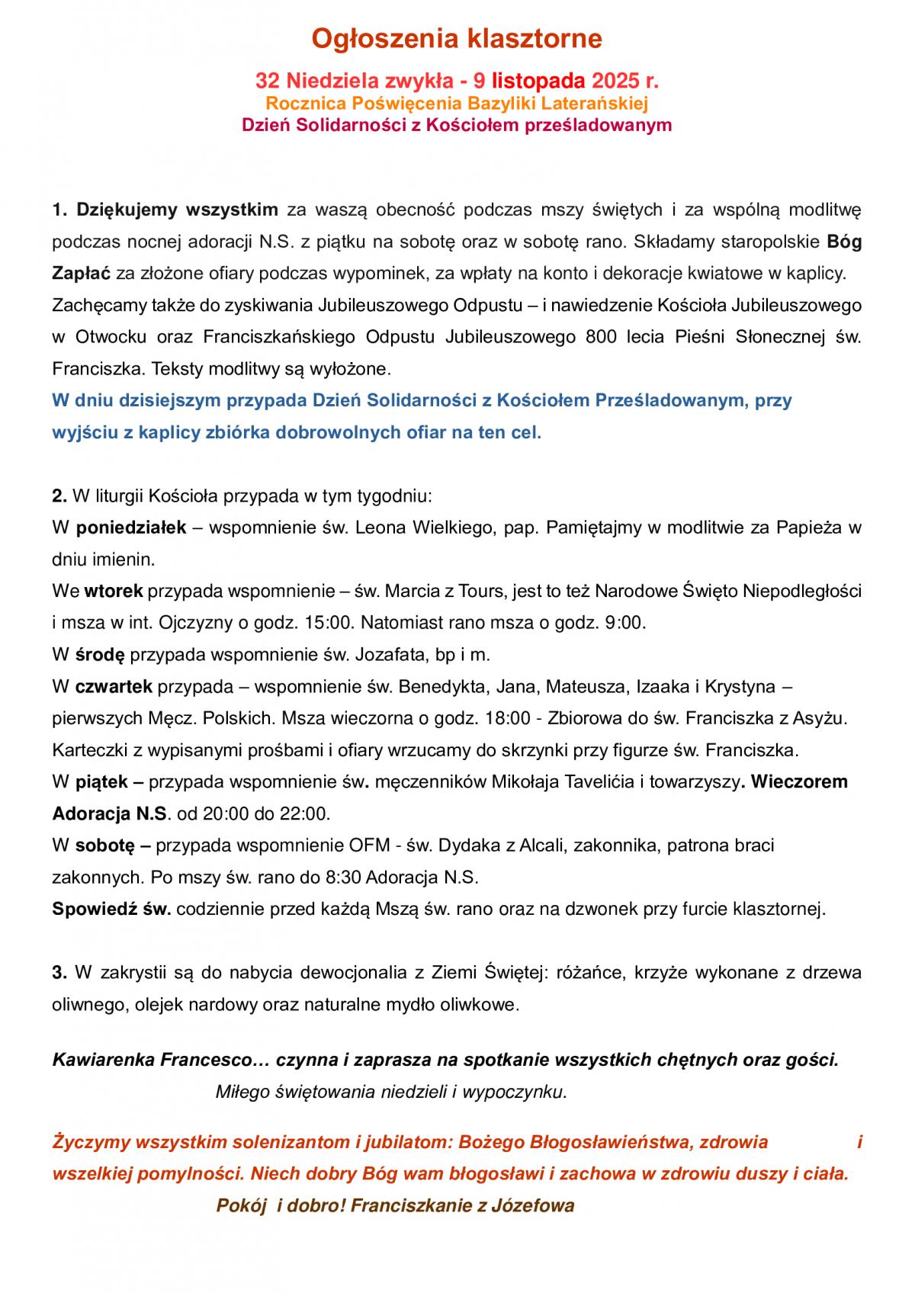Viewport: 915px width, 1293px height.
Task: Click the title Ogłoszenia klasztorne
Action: pyautogui.click(x=458, y=38)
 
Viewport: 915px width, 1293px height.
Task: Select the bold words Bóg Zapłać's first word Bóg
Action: pyautogui.click(x=844, y=242)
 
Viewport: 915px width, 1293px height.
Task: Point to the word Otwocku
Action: pyautogui.click(x=103, y=336)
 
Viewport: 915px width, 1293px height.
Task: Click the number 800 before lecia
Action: pyautogui.click(x=602, y=336)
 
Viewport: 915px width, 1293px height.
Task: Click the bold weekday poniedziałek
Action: pyautogui.click(x=131, y=528)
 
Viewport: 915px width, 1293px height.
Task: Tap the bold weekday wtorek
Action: pyautogui.click(x=113, y=591)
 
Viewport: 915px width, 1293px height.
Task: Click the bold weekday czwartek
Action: pyautogui.click(x=114, y=686)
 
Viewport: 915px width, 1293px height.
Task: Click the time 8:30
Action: pyautogui.click(x=343, y=878)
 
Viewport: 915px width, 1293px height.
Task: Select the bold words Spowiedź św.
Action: pyautogui.click(x=111, y=909)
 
